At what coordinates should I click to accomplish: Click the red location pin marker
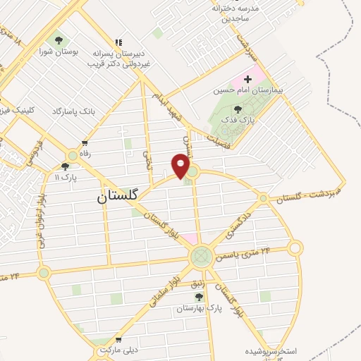point(181,165)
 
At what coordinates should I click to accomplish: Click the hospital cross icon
point(247,79)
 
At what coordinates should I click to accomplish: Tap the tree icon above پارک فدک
point(238,109)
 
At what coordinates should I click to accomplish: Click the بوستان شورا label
point(59,52)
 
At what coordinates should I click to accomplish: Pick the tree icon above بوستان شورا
point(59,39)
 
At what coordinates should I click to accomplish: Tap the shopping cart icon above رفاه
point(85,142)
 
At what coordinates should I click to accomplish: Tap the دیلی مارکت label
point(117,350)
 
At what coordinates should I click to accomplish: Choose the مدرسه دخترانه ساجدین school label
point(240,12)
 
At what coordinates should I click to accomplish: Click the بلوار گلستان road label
point(166,231)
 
